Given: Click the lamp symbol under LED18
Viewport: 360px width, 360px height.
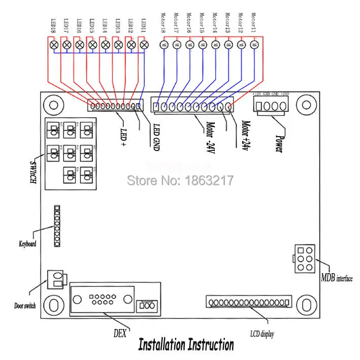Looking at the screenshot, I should click(54, 45).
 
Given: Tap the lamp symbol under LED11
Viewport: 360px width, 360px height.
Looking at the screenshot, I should click(144, 45).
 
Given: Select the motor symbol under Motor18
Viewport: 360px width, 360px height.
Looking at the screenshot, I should click(163, 45).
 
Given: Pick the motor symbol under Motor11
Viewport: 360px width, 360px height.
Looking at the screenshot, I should click(254, 45).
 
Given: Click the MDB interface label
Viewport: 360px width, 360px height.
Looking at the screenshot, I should click(337, 278).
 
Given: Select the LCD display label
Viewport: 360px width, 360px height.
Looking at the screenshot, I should click(262, 334).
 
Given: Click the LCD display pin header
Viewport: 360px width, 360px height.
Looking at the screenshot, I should click(249, 302).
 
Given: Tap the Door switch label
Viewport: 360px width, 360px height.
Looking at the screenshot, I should click(25, 307).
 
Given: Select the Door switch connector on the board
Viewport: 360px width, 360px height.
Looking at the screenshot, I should click(56, 280).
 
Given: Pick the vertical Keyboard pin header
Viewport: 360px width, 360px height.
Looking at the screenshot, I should click(57, 226).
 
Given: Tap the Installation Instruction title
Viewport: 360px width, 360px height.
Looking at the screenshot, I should click(186, 345).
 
